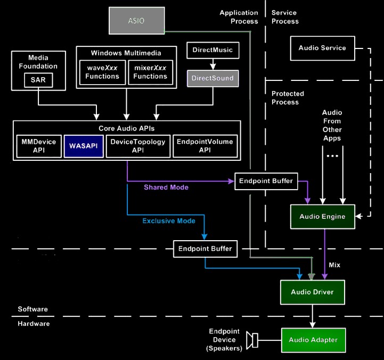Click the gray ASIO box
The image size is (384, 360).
[x=136, y=21]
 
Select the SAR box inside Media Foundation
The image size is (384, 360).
[x=38, y=81]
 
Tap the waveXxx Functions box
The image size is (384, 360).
[x=102, y=72]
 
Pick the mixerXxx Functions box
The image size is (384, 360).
[x=150, y=72]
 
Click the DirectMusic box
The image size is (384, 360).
[x=212, y=51]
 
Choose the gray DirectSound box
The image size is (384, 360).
[x=212, y=78]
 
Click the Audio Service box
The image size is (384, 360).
[x=322, y=48]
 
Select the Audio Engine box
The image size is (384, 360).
[x=322, y=216]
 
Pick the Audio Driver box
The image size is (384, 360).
[x=312, y=292]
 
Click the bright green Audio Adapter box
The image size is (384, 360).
[x=313, y=339]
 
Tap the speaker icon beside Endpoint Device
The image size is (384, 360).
[x=252, y=339]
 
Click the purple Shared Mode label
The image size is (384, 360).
[x=166, y=187]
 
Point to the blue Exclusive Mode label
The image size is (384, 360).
[x=169, y=221]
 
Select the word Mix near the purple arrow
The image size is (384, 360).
[x=334, y=265]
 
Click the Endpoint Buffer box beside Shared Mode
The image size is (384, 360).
[x=266, y=181]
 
